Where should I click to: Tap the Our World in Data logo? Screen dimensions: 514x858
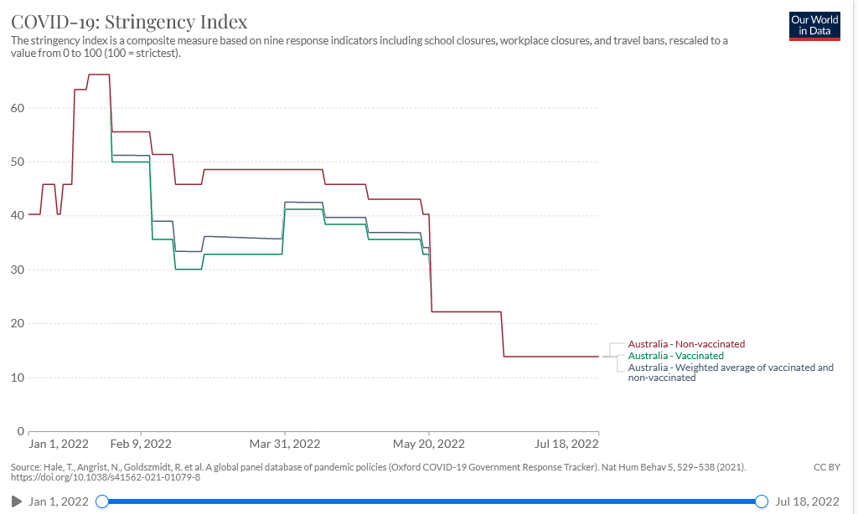(x=814, y=26)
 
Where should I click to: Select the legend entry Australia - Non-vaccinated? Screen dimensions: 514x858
(x=686, y=344)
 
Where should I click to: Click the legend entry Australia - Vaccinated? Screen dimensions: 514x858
(x=675, y=356)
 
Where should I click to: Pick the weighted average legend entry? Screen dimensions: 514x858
(x=731, y=373)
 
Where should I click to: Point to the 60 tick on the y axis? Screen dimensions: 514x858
(x=18, y=108)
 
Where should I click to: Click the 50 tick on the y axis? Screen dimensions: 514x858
(x=18, y=162)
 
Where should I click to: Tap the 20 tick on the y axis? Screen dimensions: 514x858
(x=18, y=323)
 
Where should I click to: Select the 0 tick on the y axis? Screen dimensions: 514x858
(x=21, y=431)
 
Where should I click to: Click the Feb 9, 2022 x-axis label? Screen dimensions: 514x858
(x=141, y=444)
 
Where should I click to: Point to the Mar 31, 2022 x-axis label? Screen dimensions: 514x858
(x=285, y=444)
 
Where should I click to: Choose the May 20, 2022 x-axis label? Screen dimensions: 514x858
(x=429, y=444)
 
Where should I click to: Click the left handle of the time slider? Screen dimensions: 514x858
(x=102, y=501)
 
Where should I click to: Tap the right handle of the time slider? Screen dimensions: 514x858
(x=762, y=501)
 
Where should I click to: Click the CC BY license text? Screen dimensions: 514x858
(x=826, y=466)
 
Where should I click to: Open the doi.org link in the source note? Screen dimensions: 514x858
(x=105, y=478)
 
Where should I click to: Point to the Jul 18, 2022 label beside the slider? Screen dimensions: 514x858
(x=808, y=501)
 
